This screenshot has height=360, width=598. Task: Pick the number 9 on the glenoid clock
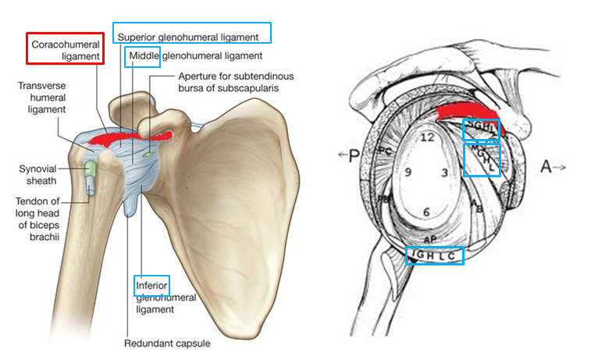tap(408, 173)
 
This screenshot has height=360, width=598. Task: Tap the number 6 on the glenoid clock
tap(426, 212)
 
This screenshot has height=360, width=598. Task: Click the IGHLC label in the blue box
tap(435, 255)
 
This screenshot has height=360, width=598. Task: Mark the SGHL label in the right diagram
tap(480, 129)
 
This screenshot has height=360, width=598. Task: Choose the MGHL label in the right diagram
tap(482, 160)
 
